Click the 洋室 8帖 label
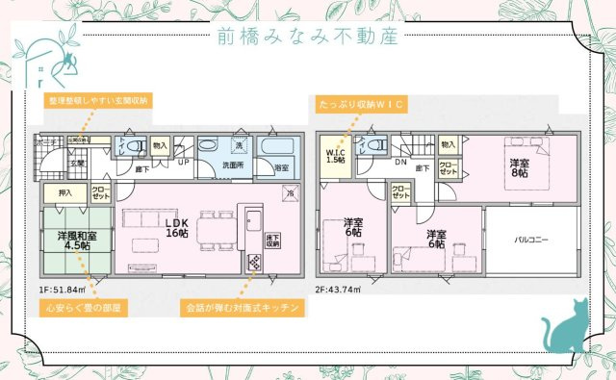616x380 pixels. click(x=519, y=167)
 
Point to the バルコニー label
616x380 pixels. click(x=531, y=237)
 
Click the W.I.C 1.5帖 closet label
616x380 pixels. click(x=335, y=156)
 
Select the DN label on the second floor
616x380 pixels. click(x=400, y=163)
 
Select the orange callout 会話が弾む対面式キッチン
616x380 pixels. click(x=243, y=309)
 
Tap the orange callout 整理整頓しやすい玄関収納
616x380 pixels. click(x=99, y=99)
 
